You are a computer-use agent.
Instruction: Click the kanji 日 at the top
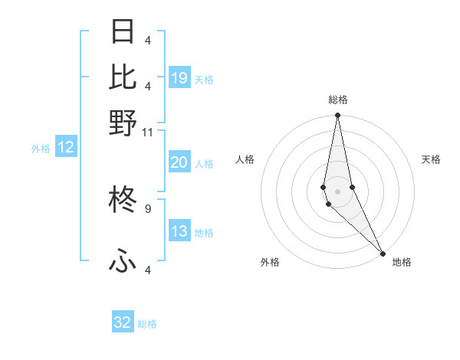tap(123, 32)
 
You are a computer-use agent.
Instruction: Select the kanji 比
tap(123, 77)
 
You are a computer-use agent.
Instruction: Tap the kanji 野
tap(123, 123)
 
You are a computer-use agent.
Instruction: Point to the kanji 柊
tap(123, 201)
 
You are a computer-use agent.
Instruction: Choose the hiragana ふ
tap(123, 262)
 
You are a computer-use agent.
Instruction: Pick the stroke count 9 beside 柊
tap(147, 208)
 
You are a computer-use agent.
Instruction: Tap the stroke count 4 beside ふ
tap(147, 270)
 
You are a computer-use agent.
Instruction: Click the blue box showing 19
tap(179, 77)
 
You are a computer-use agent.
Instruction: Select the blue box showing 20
tap(179, 162)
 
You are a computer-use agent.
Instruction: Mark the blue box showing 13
tap(179, 231)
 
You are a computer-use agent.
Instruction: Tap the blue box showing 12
tap(66, 147)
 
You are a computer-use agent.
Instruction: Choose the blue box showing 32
tap(123, 322)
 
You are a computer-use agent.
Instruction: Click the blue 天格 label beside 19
tap(204, 79)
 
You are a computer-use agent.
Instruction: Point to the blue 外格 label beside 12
tap(41, 149)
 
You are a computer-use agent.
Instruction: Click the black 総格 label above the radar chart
tap(338, 100)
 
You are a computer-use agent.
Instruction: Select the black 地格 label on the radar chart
tap(402, 262)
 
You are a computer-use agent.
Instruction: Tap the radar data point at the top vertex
tap(337, 116)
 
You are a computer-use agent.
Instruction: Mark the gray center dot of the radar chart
tap(337, 191)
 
